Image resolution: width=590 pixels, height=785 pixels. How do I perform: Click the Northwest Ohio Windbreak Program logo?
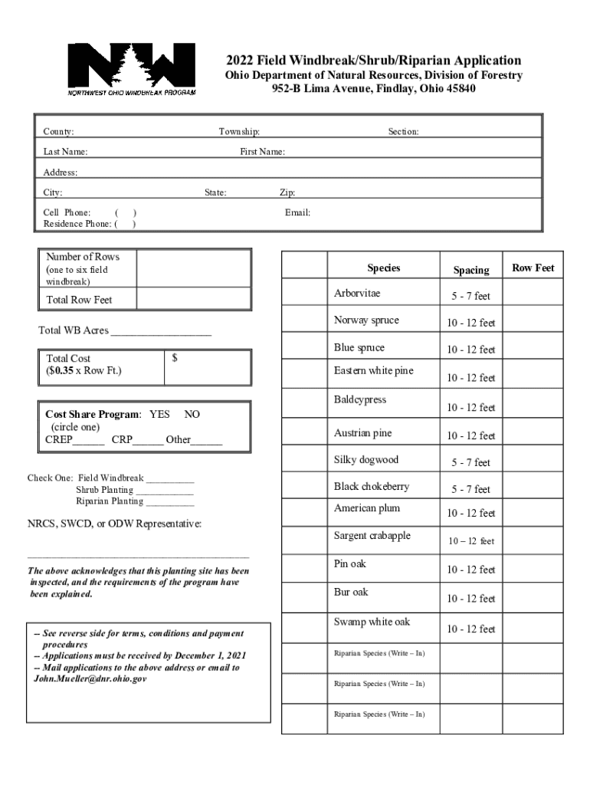[131, 68]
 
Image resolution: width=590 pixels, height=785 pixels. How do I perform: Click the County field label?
[58, 132]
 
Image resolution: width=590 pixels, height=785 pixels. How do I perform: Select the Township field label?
[239, 132]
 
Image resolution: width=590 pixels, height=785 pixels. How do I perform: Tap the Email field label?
[297, 212]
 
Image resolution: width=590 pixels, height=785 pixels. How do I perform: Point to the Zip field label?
[287, 193]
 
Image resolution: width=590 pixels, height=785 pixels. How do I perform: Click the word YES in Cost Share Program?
[159, 414]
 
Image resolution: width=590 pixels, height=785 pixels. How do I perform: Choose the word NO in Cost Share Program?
[192, 414]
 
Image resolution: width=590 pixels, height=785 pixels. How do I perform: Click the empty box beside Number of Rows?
[193, 268]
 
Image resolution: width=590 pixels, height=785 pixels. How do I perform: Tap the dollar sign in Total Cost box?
[175, 358]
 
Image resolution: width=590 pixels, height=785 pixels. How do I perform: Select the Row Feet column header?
[533, 268]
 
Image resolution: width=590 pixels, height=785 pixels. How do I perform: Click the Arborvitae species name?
[356, 294]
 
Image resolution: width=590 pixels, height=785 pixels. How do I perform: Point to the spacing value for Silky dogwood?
[470, 462]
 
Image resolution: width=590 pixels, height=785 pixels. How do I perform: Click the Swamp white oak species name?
[366, 621]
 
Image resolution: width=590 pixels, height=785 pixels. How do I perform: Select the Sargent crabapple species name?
[372, 535]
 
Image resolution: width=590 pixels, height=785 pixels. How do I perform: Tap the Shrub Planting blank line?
[165, 490]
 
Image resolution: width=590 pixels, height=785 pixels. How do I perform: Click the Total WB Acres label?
[74, 330]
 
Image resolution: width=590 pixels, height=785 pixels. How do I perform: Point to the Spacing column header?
[470, 270]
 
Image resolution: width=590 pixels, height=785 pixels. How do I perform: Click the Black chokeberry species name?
[371, 486]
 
